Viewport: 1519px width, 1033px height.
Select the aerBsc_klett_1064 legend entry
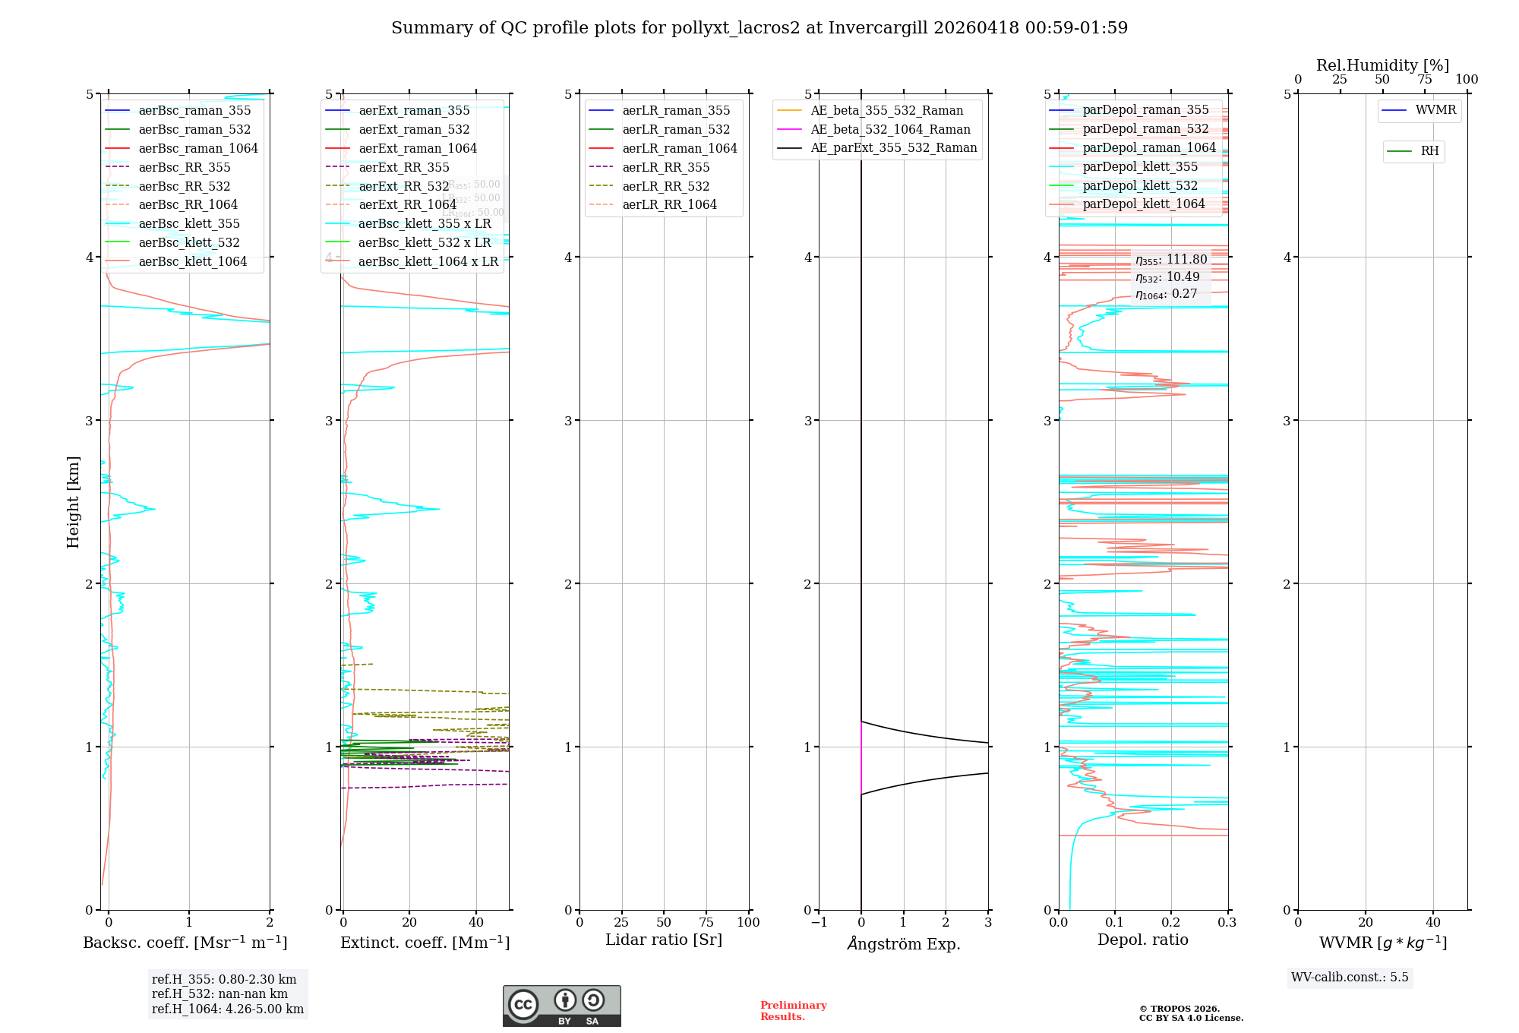point(192,262)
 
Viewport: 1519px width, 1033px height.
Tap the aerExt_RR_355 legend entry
point(403,168)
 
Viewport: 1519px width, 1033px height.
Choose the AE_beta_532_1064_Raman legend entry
point(890,130)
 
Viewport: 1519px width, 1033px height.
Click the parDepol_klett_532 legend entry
point(1139,186)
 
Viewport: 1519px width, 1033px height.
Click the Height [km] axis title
point(73,501)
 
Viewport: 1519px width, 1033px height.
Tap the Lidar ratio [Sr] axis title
point(663,940)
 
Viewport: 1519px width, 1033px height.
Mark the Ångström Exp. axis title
point(903,944)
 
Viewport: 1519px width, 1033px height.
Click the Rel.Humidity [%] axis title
point(1382,65)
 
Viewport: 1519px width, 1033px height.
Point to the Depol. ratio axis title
point(1142,940)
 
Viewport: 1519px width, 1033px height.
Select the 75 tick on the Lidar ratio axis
point(706,923)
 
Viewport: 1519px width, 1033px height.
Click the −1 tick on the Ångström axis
point(818,923)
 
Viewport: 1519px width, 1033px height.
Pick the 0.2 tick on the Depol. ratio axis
point(1171,923)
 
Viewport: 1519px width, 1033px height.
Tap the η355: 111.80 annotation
point(1170,261)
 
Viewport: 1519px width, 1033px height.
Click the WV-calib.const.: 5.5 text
point(1349,978)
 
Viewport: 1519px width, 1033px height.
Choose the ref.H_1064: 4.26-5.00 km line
point(227,1009)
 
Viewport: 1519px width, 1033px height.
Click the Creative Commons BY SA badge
point(561,1006)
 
